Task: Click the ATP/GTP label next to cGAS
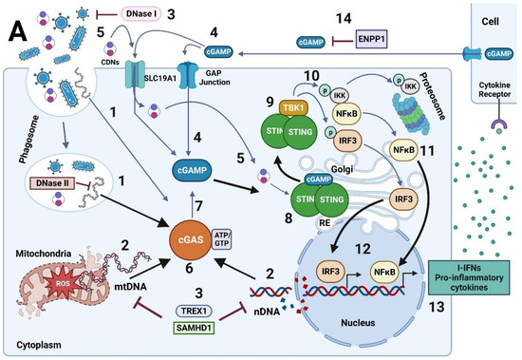(225, 229)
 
